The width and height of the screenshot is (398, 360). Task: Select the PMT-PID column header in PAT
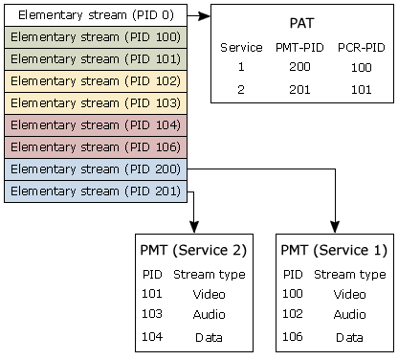pyautogui.click(x=299, y=47)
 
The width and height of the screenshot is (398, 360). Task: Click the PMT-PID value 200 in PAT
pyautogui.click(x=299, y=68)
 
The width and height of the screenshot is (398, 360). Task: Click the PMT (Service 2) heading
pyautogui.click(x=192, y=251)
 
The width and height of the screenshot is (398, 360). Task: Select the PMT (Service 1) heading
pyautogui.click(x=334, y=251)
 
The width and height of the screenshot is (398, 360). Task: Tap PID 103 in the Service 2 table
pyautogui.click(x=151, y=314)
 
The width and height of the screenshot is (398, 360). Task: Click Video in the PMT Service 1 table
pyautogui.click(x=349, y=294)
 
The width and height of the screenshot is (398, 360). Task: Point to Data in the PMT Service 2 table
pyautogui.click(x=209, y=337)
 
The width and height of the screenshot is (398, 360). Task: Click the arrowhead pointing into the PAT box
pyautogui.click(x=205, y=15)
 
